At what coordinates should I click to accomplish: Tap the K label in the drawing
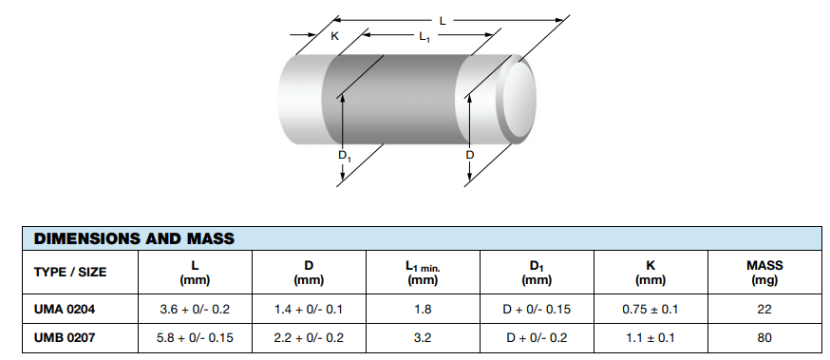334,36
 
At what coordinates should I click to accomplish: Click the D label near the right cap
469,155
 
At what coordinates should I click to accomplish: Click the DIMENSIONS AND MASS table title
134,237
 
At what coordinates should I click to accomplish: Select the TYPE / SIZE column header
70,273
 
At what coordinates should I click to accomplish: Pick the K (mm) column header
650,273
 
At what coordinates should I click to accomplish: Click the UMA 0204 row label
65,310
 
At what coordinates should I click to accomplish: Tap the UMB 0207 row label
65,337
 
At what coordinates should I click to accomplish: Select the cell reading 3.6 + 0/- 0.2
195,310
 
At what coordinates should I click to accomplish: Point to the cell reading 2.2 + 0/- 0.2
309,337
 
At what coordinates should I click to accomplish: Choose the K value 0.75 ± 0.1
650,310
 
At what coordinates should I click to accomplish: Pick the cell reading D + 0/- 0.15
537,310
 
